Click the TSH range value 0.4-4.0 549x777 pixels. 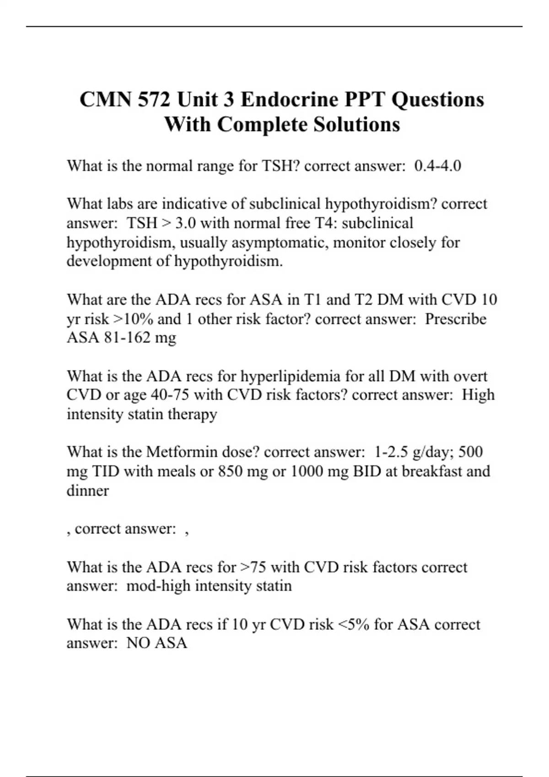[437, 165]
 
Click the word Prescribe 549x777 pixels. [455, 319]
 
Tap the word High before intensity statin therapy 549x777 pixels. [478, 395]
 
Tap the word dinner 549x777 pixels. [87, 490]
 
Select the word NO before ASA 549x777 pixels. [138, 643]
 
